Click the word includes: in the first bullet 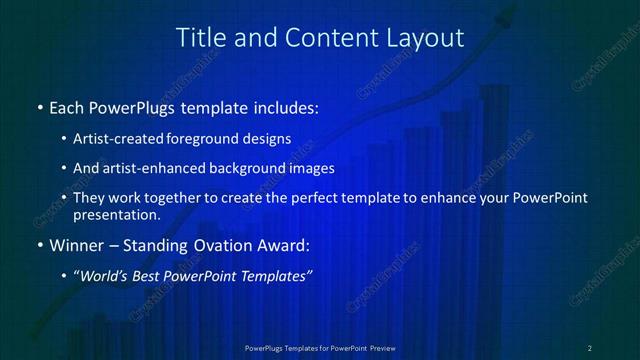(x=283, y=105)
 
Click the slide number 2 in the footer (x=590, y=347)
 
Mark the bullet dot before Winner (x=39, y=245)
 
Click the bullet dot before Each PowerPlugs (x=39, y=106)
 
